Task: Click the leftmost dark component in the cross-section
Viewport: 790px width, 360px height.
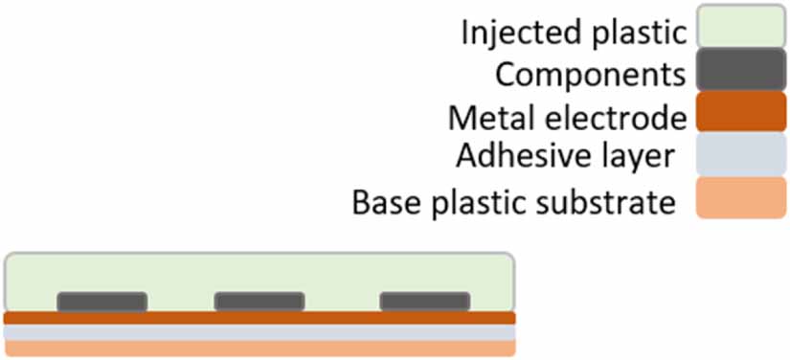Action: tap(102, 302)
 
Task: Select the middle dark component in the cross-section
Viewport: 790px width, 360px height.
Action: tap(259, 302)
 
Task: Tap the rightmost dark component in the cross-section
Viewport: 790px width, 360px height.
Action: tap(425, 302)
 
